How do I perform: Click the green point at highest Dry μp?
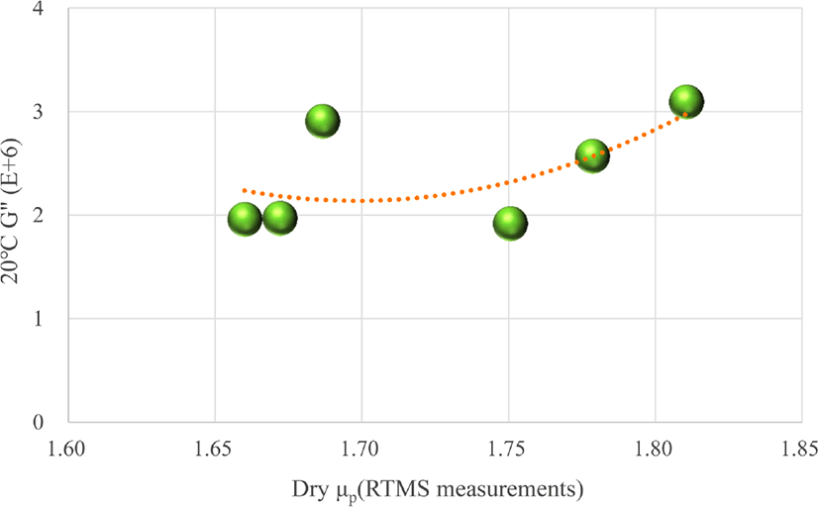pos(686,101)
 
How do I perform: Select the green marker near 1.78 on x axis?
pos(592,156)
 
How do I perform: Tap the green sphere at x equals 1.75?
pos(510,223)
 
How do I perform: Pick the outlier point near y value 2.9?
pos(322,121)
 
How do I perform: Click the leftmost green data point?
pos(245,219)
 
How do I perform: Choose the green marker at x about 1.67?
pos(280,218)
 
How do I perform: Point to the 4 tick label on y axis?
pos(38,9)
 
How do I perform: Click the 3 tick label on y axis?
pos(38,112)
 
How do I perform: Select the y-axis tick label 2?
pos(38,215)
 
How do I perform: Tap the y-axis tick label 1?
pos(38,319)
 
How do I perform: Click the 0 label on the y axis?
pos(38,422)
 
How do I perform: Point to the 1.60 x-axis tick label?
pos(67,449)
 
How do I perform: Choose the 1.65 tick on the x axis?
pos(215,449)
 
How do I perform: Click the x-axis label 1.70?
pos(361,449)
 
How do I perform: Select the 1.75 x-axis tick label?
pos(508,449)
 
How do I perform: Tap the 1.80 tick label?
pos(655,449)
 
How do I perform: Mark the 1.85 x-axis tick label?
pos(799,449)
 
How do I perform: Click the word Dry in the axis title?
pos(310,491)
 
